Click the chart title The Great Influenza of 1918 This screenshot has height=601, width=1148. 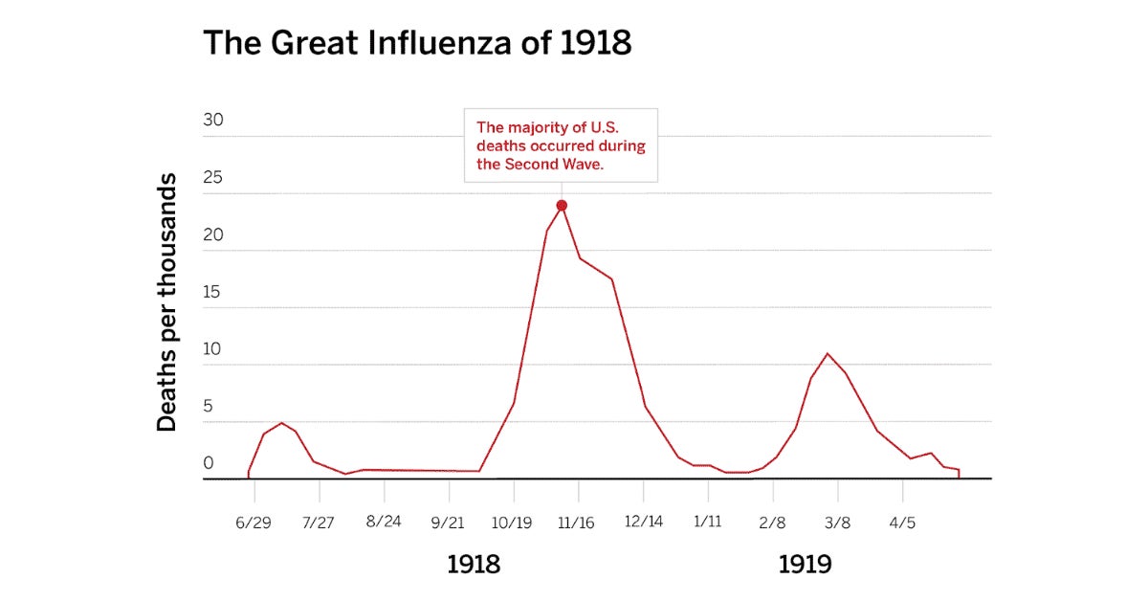417,44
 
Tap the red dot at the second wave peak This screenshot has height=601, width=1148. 562,206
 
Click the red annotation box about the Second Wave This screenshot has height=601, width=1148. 562,145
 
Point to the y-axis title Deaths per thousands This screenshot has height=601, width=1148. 167,301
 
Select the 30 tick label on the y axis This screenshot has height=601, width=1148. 213,122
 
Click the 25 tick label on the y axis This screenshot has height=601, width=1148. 213,178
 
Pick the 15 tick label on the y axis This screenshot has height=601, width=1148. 213,292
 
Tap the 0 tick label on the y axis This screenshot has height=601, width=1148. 208,463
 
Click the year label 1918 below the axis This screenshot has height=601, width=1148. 474,565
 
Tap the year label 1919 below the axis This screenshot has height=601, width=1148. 805,565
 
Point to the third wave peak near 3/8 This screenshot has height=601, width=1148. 828,354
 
